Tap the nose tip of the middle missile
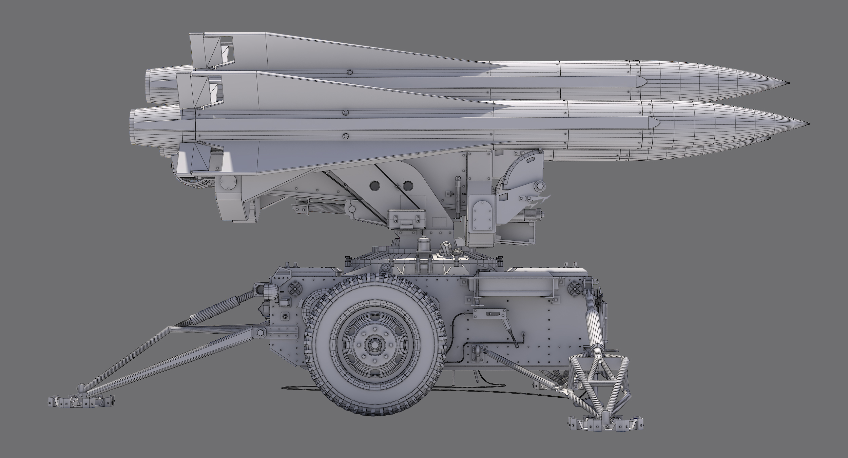click(809, 123)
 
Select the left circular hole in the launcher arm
click(375, 185)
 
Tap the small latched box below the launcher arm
click(406, 218)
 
